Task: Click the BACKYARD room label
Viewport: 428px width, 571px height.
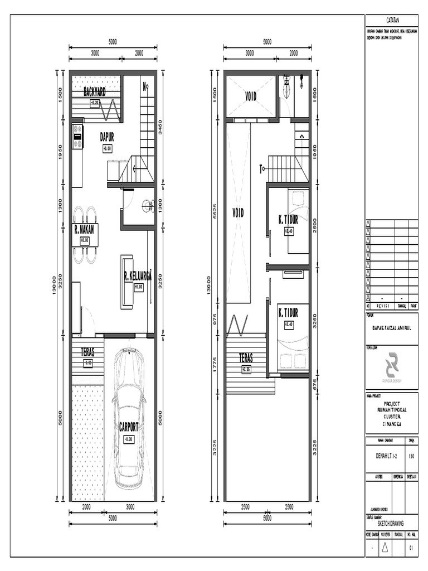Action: [94, 92]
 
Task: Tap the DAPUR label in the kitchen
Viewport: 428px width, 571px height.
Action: [107, 137]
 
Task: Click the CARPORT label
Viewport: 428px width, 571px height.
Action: [129, 427]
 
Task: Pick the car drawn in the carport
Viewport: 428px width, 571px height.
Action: [129, 418]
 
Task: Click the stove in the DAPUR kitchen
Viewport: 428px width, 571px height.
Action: [77, 137]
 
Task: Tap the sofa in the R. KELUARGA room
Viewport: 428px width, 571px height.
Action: [127, 282]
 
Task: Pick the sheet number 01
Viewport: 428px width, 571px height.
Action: [412, 549]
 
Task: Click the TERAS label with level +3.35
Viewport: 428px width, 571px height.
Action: [246, 357]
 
